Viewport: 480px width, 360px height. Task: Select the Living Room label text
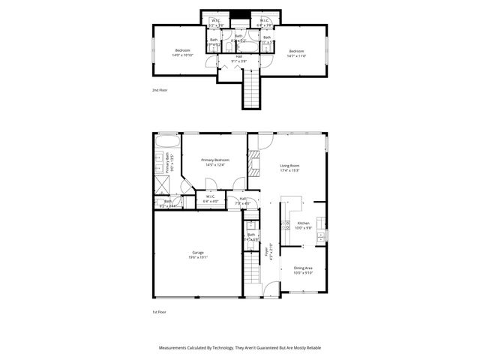tap(289, 167)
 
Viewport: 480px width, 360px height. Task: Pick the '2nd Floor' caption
tap(160, 89)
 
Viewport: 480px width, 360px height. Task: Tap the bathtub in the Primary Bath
tap(166, 142)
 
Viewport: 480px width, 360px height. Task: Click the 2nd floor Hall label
tap(239, 58)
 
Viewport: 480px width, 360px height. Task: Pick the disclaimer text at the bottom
tap(239, 348)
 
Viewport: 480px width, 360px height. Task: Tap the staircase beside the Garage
tap(250, 273)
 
